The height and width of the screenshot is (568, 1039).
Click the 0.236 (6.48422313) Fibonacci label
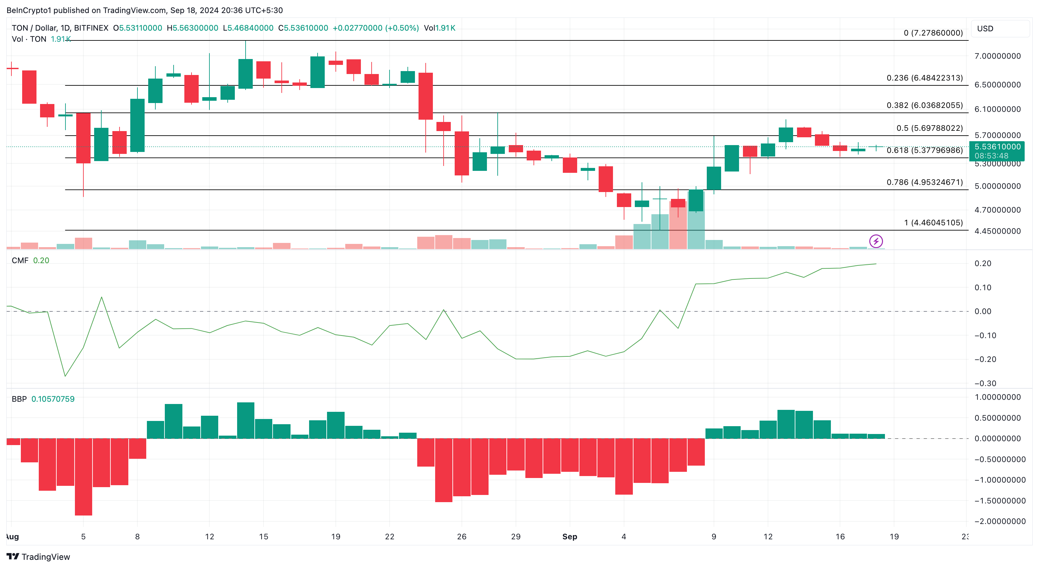click(924, 78)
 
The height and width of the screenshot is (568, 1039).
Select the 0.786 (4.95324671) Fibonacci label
click(924, 183)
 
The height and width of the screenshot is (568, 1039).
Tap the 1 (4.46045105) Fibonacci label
click(933, 223)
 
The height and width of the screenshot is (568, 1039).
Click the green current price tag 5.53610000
click(997, 147)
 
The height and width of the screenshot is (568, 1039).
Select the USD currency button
click(985, 29)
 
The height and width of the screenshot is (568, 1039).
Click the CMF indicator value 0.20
click(41, 261)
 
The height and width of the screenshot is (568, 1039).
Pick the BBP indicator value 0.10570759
click(53, 399)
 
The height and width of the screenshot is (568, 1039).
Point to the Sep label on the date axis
click(570, 536)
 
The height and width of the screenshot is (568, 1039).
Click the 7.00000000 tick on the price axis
click(997, 56)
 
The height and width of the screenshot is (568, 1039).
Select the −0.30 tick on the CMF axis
click(985, 383)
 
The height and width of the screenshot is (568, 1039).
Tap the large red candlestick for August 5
click(83, 138)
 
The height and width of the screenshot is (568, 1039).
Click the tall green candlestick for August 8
click(137, 125)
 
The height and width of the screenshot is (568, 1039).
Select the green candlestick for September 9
click(714, 178)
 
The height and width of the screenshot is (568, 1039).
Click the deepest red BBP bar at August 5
click(83, 476)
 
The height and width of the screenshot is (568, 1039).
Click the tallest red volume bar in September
click(678, 225)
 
